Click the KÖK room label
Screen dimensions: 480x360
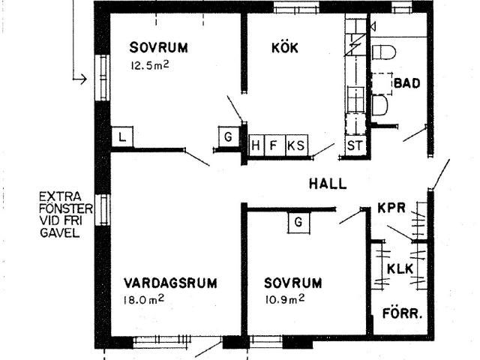pyautogui.click(x=285, y=47)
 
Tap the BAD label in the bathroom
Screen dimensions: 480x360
pyautogui.click(x=406, y=83)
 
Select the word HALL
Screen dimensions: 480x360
pyautogui.click(x=328, y=184)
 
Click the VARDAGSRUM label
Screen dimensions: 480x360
pyautogui.click(x=170, y=283)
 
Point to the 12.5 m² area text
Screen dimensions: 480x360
pyautogui.click(x=150, y=65)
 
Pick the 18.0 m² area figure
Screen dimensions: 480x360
pyautogui.click(x=144, y=299)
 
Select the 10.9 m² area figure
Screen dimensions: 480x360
pyautogui.click(x=285, y=299)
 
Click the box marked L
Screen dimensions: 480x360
pyautogui.click(x=122, y=136)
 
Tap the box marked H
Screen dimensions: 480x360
pyautogui.click(x=256, y=145)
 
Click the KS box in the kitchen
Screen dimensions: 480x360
pyautogui.click(x=297, y=145)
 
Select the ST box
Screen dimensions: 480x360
pyautogui.click(x=355, y=145)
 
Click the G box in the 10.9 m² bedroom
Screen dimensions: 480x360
pyautogui.click(x=298, y=222)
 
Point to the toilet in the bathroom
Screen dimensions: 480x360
pyautogui.click(x=383, y=52)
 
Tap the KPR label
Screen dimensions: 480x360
pyautogui.click(x=391, y=208)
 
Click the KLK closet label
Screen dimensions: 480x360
pyautogui.click(x=400, y=268)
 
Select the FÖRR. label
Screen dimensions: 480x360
pyautogui.click(x=402, y=313)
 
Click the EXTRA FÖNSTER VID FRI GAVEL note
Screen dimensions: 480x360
pyautogui.click(x=65, y=215)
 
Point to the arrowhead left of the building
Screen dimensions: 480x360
pyautogui.click(x=83, y=79)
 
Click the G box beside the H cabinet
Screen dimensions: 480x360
pyautogui.click(x=228, y=136)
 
